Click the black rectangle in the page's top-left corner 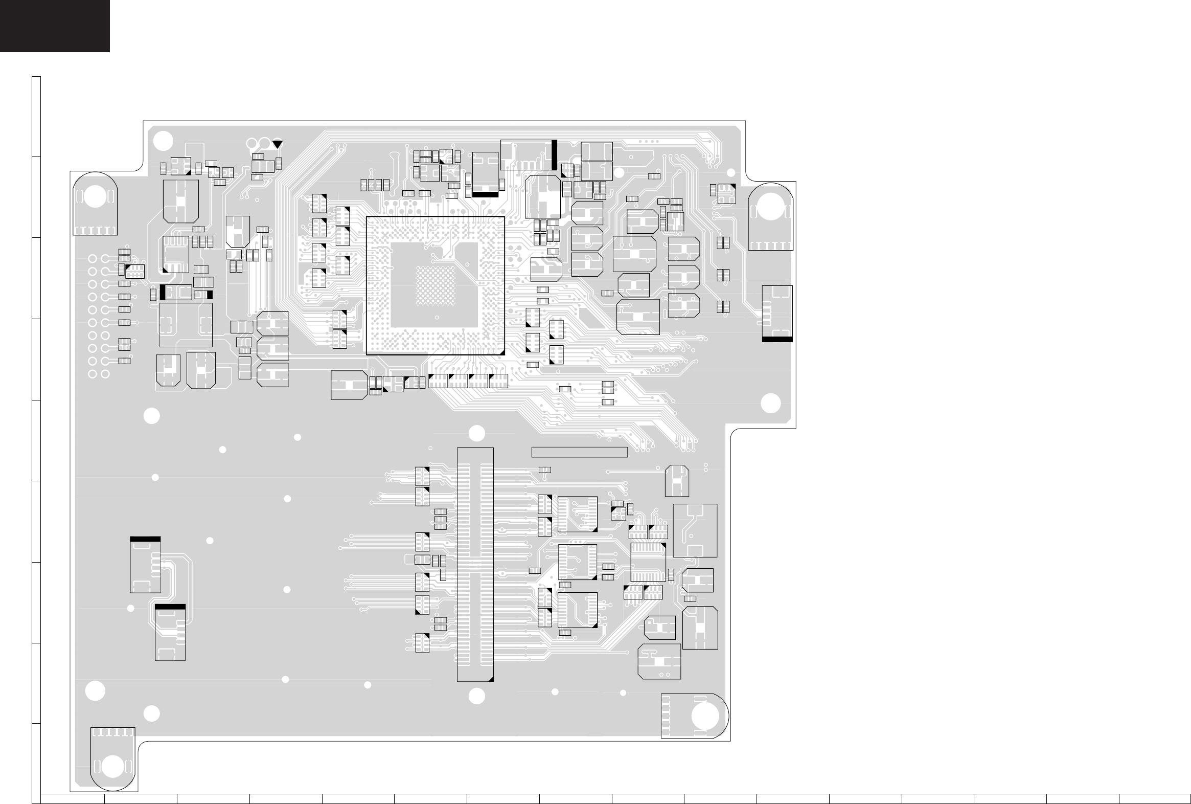(x=54, y=26)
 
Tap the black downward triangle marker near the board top (x=277, y=144)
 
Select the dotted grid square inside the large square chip (x=435, y=285)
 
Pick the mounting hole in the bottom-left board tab (x=113, y=768)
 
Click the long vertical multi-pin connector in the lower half (x=475, y=565)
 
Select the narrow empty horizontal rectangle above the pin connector (x=579, y=452)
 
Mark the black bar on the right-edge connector (x=777, y=339)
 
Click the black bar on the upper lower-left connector (x=145, y=539)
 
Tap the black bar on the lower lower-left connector (x=170, y=607)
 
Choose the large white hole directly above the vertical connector (x=476, y=433)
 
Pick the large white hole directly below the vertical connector (x=476, y=696)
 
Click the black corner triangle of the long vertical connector (x=490, y=679)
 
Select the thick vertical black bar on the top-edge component (x=554, y=154)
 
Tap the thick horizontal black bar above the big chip (x=485, y=194)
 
